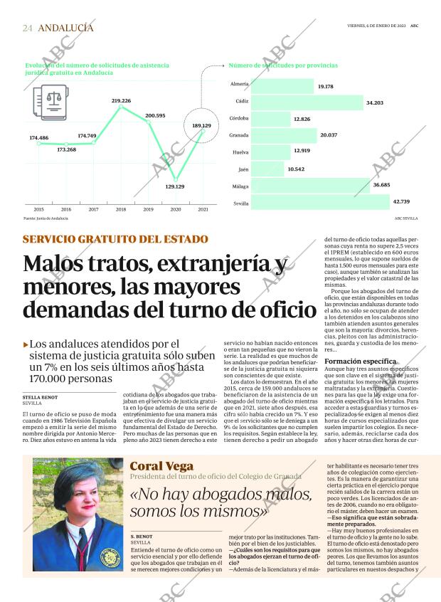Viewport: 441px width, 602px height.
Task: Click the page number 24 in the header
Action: coord(27,28)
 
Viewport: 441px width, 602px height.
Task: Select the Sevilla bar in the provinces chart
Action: coord(320,203)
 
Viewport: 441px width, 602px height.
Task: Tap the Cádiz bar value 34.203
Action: coord(374,103)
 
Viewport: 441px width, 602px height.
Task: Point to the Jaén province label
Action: coord(243,169)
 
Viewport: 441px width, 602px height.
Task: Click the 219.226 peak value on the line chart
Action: coord(121,101)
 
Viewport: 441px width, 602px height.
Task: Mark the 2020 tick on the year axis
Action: coord(175,209)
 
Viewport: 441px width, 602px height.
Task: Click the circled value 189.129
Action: coord(202,126)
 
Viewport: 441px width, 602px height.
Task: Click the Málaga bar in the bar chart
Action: coord(310,186)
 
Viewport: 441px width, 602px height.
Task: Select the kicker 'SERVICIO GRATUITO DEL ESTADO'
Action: coord(115,239)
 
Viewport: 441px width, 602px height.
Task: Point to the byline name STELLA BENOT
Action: coord(40,398)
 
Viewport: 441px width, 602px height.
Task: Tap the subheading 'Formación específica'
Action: coord(360,361)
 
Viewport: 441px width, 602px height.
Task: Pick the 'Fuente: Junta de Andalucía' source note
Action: coord(46,218)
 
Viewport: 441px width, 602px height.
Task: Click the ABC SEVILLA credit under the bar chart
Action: coord(406,218)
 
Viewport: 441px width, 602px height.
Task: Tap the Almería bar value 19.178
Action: coord(326,86)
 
